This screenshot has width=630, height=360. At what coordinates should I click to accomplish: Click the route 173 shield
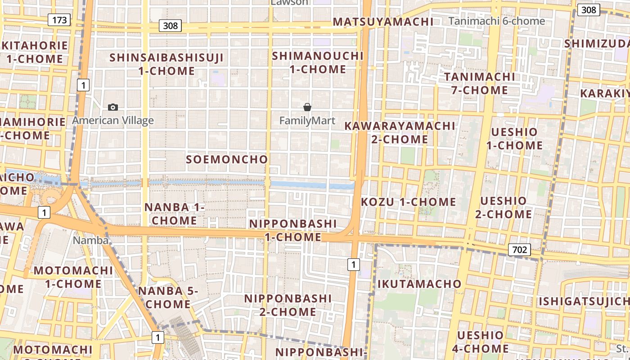point(59,20)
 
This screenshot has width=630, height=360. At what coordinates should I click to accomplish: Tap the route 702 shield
point(520,250)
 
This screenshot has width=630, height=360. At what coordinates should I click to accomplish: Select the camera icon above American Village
point(113,107)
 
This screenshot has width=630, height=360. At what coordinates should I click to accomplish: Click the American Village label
point(113,121)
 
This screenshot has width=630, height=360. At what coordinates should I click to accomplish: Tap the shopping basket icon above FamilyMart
point(307,107)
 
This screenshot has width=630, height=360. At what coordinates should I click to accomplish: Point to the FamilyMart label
point(307,121)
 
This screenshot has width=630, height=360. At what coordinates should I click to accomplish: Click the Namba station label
point(91,240)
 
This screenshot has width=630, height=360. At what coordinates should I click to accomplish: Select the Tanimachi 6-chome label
point(497,21)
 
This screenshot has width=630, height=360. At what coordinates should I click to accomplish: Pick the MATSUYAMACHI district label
point(383,22)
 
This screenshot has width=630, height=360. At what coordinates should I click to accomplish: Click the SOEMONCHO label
point(227,159)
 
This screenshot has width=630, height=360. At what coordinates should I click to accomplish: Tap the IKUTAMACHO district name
point(419,284)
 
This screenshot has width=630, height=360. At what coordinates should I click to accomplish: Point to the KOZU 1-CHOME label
point(409,202)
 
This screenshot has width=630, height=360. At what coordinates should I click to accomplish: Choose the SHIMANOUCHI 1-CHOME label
point(318,63)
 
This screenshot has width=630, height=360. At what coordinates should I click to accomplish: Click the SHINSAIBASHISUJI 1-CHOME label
point(166,64)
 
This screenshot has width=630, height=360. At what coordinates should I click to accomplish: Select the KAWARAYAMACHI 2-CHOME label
point(400,132)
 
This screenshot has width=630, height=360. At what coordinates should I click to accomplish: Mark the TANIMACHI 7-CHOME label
point(480,83)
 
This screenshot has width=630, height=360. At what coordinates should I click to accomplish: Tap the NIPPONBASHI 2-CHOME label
point(288,305)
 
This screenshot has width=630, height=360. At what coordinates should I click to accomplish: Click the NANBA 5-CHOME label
point(168,297)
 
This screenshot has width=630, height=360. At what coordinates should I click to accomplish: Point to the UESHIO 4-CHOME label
point(481,342)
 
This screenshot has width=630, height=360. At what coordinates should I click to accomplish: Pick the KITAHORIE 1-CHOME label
point(35,52)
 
